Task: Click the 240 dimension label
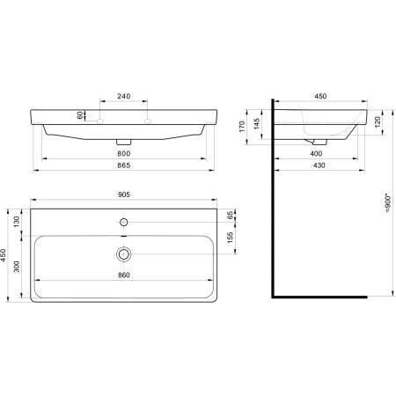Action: pos(124,96)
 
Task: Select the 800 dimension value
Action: pos(124,154)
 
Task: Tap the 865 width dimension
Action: pos(124,165)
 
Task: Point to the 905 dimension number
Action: pos(124,194)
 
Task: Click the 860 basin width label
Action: pos(124,275)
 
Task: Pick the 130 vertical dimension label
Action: pos(17,222)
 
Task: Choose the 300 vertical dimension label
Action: pos(17,267)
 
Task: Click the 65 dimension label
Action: pos(231,216)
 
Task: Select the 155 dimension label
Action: pos(231,238)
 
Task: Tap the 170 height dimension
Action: pos(242,127)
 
